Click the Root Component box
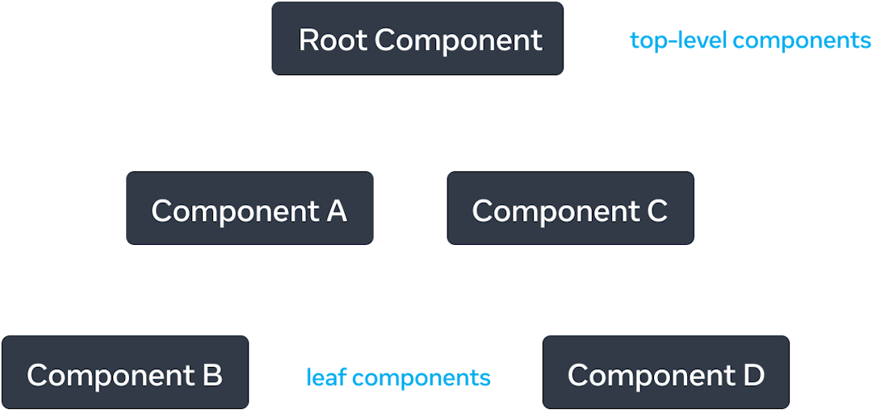click(417, 40)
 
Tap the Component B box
click(125, 374)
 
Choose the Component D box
click(666, 374)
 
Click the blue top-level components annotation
click(750, 40)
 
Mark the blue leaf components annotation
click(398, 377)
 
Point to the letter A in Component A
click(336, 211)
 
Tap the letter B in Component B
click(212, 375)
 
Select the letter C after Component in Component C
click(656, 211)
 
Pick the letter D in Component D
click(753, 375)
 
